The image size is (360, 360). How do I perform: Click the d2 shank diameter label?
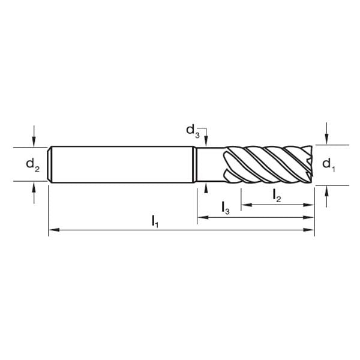tap(32, 166)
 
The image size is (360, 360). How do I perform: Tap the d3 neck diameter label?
tap(191, 130)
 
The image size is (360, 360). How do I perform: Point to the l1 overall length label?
tap(155, 221)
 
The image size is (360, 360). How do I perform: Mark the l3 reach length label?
tap(225, 208)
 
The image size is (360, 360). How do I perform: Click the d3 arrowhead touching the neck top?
tap(205, 143)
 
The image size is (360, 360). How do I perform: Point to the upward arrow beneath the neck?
tap(205, 188)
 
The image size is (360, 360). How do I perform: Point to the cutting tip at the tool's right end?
tap(310, 163)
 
